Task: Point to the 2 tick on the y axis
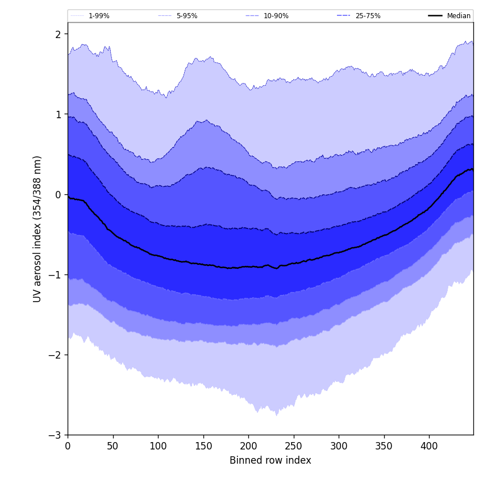tap(57, 34)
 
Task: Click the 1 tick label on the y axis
tap(57, 114)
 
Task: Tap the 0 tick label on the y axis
tap(57, 194)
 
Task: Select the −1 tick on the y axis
tap(55, 274)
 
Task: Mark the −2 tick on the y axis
tap(55, 355)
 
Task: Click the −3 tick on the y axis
tap(55, 435)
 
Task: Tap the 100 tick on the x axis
tap(158, 446)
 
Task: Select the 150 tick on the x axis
tap(203, 446)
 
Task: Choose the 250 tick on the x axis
tap(294, 446)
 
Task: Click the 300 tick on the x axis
tap(339, 446)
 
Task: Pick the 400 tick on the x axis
tap(429, 446)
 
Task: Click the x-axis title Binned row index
tap(270, 461)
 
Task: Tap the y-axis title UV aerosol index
tap(38, 228)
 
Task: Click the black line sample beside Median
tap(436, 16)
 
